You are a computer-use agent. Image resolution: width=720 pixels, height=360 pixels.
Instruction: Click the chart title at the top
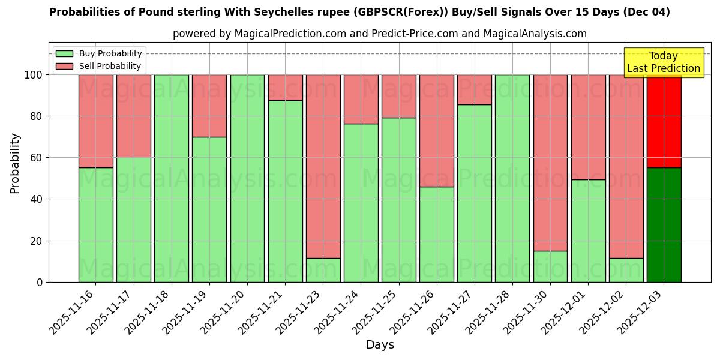click(359, 12)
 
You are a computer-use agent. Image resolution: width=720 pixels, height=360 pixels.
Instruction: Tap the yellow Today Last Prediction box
click(663, 62)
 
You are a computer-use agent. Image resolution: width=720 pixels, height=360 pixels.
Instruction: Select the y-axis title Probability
click(15, 163)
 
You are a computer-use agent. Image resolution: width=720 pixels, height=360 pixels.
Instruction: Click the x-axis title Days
click(380, 345)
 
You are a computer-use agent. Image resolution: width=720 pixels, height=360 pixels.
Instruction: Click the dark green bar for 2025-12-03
click(664, 224)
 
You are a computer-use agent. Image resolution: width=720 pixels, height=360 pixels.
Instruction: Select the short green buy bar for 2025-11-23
click(323, 270)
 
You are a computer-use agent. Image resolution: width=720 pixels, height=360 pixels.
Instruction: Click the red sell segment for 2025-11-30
click(550, 163)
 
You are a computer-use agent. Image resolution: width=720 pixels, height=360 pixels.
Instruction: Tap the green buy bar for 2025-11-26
click(437, 234)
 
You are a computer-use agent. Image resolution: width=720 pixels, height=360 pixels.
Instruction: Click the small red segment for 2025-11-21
click(285, 88)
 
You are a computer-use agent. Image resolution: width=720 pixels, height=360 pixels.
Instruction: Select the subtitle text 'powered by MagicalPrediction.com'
click(259, 34)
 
